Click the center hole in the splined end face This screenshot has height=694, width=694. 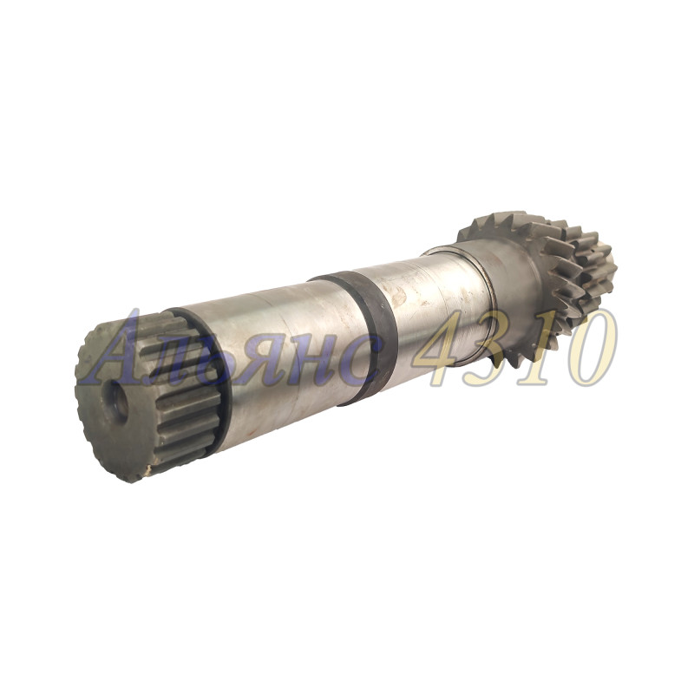click(x=117, y=402)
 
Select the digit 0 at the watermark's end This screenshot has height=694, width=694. click(x=592, y=349)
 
